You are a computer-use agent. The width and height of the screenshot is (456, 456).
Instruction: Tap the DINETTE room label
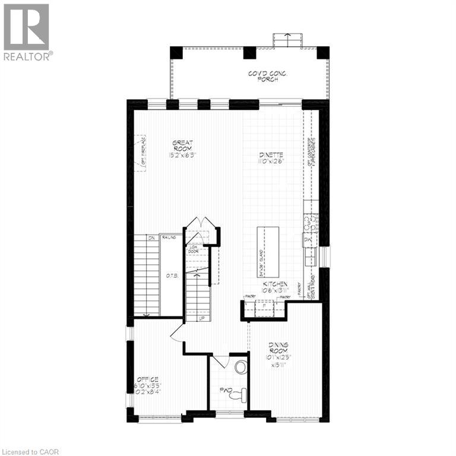271,157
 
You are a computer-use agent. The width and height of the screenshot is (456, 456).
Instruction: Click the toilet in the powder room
240,393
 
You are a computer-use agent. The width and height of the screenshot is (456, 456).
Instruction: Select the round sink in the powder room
240,367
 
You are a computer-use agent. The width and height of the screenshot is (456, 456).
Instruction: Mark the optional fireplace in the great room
140,153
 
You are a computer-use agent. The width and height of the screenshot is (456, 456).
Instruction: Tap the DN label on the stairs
151,237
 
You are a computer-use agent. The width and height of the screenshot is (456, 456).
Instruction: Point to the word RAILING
170,237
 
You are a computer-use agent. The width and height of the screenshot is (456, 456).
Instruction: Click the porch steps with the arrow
287,39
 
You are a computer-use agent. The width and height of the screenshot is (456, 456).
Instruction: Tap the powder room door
220,360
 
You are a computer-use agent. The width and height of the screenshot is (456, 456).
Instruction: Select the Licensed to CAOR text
30,450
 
